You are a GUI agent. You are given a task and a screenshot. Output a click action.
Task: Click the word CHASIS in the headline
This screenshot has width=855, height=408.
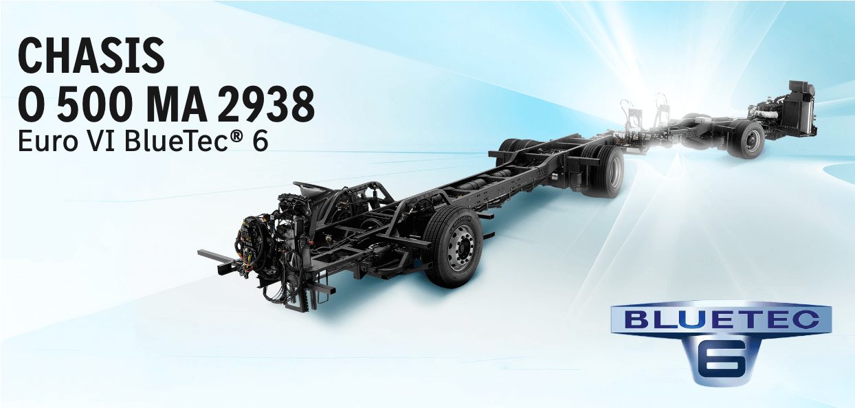(x=91, y=56)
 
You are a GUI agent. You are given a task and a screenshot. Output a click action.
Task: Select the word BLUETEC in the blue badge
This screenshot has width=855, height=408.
(x=722, y=319)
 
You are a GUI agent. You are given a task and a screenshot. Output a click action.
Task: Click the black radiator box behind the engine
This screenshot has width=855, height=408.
(x=801, y=110)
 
